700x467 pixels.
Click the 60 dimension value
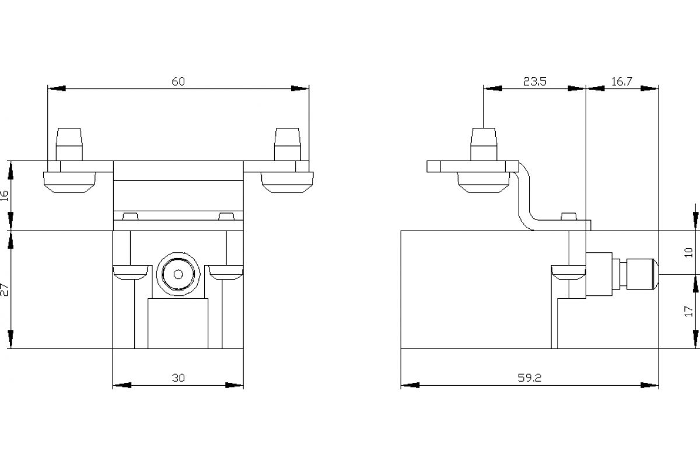[x=178, y=81]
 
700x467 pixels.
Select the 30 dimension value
[x=178, y=378]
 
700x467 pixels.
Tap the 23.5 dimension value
[x=534, y=82]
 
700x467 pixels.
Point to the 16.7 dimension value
[x=622, y=82]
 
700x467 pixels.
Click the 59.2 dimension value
[x=529, y=378]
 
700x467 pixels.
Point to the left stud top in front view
[x=69, y=138]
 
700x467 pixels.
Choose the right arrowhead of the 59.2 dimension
[x=650, y=385]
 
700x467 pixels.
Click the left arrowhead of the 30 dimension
[x=121, y=385]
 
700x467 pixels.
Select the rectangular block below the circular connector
[x=178, y=323]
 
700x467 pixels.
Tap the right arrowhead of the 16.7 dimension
[x=650, y=89]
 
